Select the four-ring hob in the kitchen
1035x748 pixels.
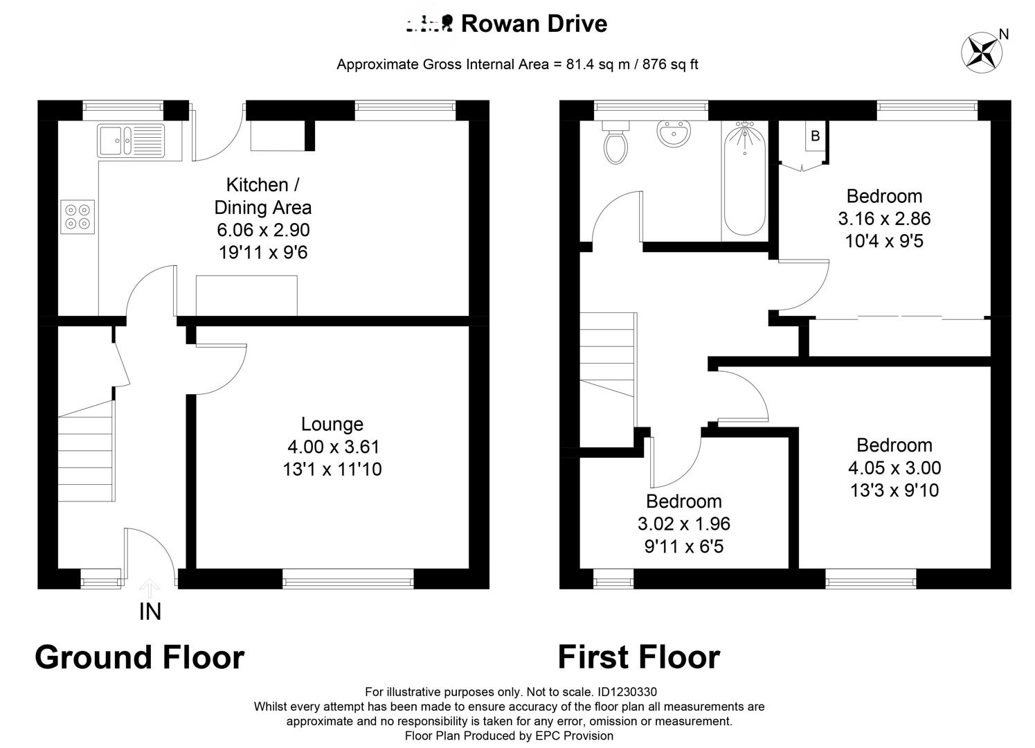[x=78, y=216]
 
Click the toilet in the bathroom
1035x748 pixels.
[x=615, y=143]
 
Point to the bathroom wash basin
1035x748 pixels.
[x=674, y=134]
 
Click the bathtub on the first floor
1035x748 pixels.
[x=744, y=180]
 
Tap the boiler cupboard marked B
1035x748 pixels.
[x=815, y=136]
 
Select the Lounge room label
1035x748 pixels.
[x=332, y=424]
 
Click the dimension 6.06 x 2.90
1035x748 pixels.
[x=262, y=230]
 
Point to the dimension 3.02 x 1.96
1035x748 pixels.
[x=683, y=524]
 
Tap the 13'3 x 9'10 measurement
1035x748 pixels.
[x=894, y=490]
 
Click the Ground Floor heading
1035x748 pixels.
[x=139, y=657]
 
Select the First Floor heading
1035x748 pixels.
[x=638, y=657]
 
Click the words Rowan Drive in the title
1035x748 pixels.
[x=534, y=24]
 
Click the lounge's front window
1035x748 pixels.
[x=348, y=578]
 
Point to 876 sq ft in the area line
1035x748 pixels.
[x=670, y=64]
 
